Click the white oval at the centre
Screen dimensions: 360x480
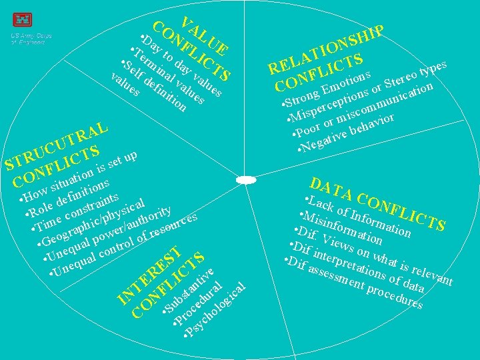tap(246, 179)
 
